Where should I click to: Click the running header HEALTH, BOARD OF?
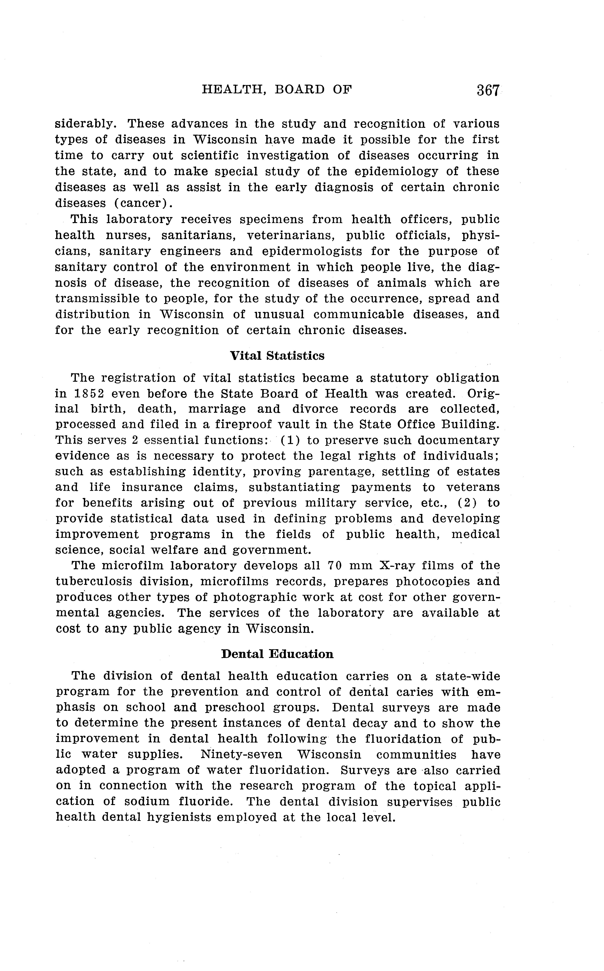[277, 89]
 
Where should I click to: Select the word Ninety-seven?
[241, 754]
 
